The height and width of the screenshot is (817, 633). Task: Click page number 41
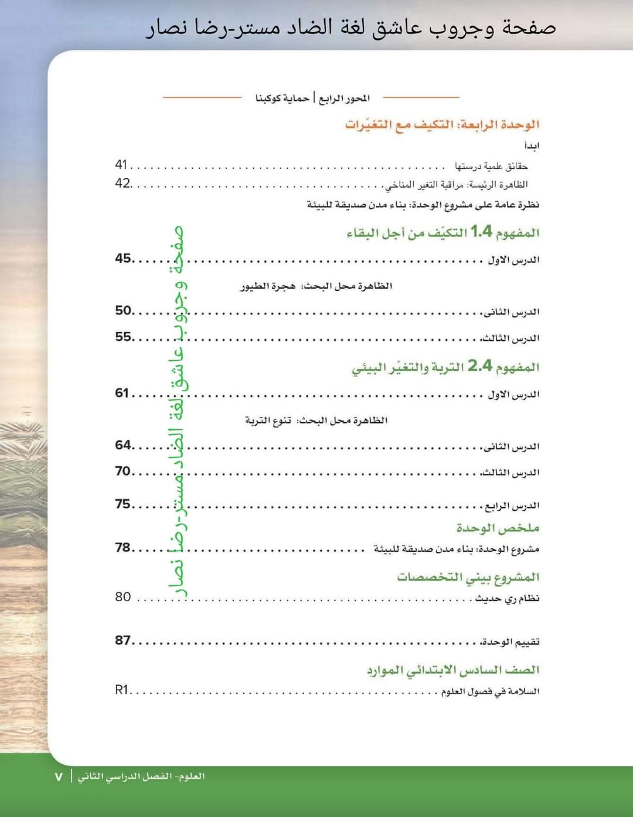[x=121, y=165]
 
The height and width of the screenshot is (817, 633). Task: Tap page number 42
[x=122, y=184]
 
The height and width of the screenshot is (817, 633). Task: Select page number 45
[x=123, y=258]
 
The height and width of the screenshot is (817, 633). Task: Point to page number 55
[x=123, y=337]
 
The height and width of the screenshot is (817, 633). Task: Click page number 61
[x=122, y=393]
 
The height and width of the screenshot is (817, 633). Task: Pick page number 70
[x=123, y=471]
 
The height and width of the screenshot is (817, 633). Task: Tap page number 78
[x=123, y=547]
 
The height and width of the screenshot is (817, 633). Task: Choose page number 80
[x=123, y=597]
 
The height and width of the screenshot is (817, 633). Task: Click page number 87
[x=123, y=640]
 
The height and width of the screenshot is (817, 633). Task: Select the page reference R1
[x=121, y=690]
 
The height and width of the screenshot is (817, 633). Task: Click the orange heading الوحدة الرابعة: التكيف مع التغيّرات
[x=442, y=125]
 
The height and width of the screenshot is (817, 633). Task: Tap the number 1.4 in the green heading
[x=481, y=232]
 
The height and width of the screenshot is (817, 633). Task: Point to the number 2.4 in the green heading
[x=479, y=366]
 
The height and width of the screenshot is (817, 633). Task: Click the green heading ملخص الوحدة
[x=498, y=528]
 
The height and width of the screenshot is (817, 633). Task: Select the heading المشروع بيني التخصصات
[x=468, y=577]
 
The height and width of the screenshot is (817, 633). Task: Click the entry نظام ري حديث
[x=507, y=598]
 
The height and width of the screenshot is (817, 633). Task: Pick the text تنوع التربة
[x=268, y=421]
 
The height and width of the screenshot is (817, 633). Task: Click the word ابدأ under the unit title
[x=532, y=145]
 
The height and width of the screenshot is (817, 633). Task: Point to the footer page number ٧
[x=59, y=777]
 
